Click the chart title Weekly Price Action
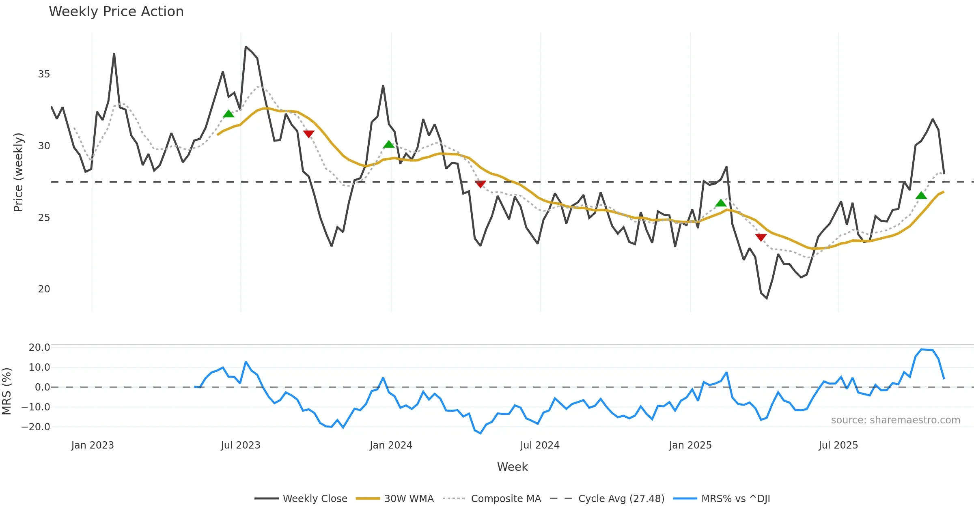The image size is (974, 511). pos(116,12)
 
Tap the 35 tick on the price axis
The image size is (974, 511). pos(44,74)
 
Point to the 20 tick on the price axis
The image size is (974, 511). pos(44,289)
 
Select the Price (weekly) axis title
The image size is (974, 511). pos(18,172)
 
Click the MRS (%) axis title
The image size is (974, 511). pos(6,391)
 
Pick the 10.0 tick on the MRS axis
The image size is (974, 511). pos(39,367)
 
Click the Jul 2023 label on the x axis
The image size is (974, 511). pos(240,445)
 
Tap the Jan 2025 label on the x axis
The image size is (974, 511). pos(690,445)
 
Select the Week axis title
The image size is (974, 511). pos(512,467)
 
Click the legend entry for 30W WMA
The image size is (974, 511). pos(409,498)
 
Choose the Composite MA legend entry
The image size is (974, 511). pos(506,498)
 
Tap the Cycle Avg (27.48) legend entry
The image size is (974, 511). pos(621,498)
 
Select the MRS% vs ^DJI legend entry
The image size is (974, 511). pos(735,498)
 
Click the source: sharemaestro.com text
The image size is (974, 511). pos(895,420)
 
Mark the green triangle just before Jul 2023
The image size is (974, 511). pos(228,114)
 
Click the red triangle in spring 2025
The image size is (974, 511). pos(761,237)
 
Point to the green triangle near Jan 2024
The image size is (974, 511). pos(389,144)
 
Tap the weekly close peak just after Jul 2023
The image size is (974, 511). pos(246,47)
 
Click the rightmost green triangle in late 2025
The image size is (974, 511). pos(921,195)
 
